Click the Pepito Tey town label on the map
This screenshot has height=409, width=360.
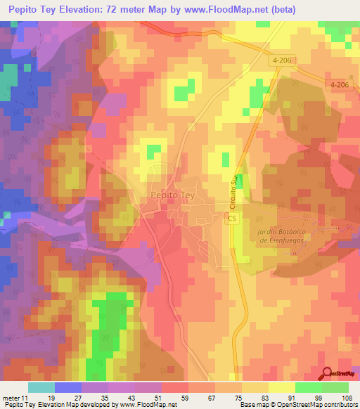click(x=172, y=197)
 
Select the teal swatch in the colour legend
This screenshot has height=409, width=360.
click(x=41, y=387)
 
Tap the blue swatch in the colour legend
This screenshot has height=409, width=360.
click(x=67, y=387)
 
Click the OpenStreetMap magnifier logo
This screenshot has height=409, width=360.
click(x=328, y=374)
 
